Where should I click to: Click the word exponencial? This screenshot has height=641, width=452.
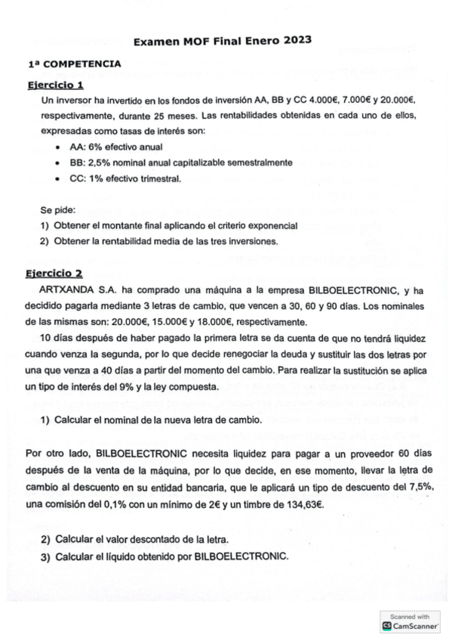point(269,225)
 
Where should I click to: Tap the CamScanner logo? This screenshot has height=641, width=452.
point(410,626)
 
